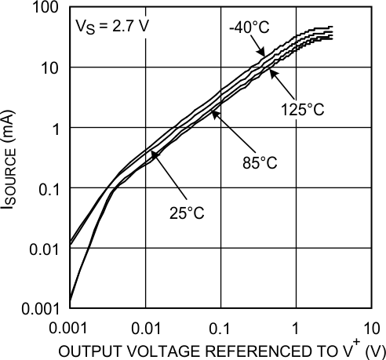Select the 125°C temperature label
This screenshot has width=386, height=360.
coord(302,110)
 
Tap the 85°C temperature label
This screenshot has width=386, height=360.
coord(259,163)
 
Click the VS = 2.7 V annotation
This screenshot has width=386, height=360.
coord(111,26)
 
